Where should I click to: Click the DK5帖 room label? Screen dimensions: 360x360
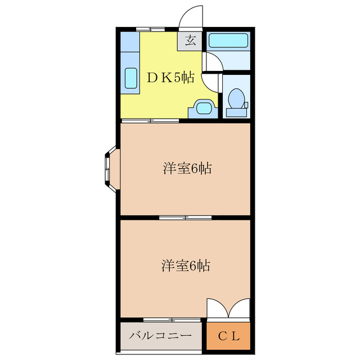(170, 78)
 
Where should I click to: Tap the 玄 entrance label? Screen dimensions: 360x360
(191, 40)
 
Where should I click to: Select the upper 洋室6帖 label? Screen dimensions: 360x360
(187, 168)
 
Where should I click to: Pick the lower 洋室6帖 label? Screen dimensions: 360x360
(187, 265)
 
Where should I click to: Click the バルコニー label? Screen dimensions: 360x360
(160, 336)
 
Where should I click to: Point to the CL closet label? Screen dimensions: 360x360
(229, 336)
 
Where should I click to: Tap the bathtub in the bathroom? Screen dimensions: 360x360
(228, 41)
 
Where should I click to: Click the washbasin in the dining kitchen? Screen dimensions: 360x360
(202, 107)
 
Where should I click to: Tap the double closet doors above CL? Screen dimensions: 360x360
(228, 308)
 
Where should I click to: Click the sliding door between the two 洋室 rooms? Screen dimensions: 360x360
(186, 217)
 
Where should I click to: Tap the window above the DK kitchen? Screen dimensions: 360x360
(151, 28)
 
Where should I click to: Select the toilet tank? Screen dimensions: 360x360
(236, 112)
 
